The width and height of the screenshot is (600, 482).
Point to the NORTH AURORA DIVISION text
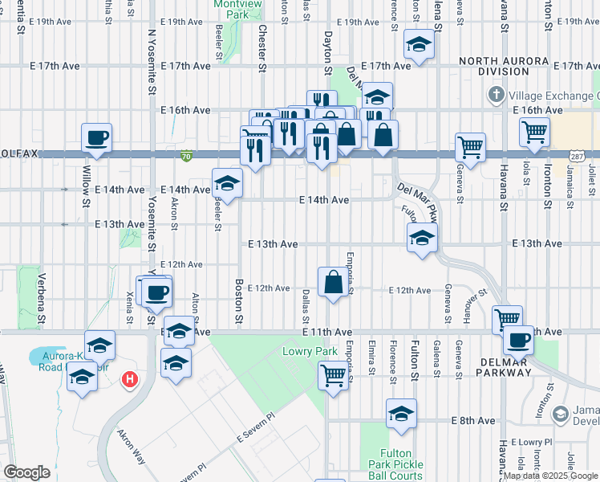tap(502, 66)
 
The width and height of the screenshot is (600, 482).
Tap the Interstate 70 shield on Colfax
tap(186, 155)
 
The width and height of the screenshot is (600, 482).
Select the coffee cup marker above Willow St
tap(96, 137)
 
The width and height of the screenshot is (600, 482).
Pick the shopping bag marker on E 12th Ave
tap(333, 281)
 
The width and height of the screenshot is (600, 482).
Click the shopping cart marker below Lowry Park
tap(333, 374)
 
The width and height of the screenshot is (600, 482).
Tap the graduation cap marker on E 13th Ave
tap(421, 237)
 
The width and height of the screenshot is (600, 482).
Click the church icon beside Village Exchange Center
tap(497, 96)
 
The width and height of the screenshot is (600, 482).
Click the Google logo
tap(26, 472)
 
